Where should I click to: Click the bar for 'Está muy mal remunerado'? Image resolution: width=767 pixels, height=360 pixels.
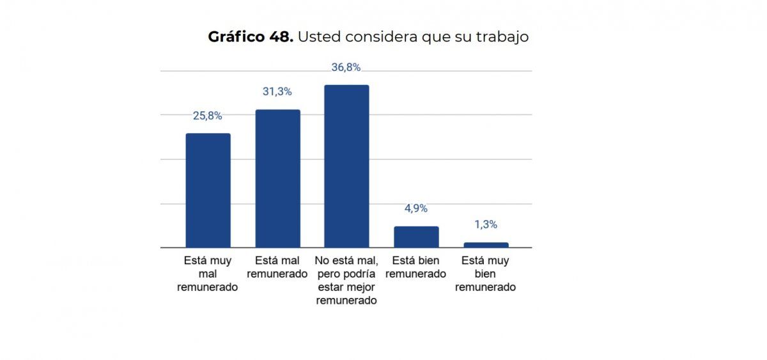coord(208,191)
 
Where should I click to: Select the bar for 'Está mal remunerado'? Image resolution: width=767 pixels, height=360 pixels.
coord(277,178)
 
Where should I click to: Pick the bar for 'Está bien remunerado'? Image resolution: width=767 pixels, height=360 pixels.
coord(416,237)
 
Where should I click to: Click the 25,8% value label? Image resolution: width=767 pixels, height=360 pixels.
coord(208,116)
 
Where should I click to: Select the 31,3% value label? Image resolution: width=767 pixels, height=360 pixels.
coord(277,91)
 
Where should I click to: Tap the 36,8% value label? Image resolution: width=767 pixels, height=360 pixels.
coord(346,68)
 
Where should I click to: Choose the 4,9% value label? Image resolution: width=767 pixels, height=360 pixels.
coord(416,208)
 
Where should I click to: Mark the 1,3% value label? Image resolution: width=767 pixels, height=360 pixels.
coord(486,224)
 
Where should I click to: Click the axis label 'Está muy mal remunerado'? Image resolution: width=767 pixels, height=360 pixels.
coord(208,274)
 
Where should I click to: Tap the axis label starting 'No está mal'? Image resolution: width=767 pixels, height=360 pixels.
coord(346,280)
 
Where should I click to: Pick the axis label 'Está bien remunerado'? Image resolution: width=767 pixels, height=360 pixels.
coord(416,267)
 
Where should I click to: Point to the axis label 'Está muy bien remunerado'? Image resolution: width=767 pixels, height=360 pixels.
coord(485,274)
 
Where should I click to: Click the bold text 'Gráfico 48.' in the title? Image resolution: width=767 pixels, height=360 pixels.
coord(251,37)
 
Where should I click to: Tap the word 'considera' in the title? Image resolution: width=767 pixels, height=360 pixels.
coord(381,37)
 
